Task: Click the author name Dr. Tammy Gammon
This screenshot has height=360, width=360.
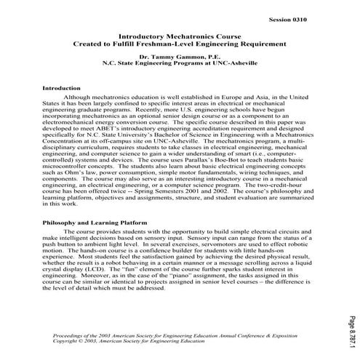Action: pyautogui.click(x=164, y=56)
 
